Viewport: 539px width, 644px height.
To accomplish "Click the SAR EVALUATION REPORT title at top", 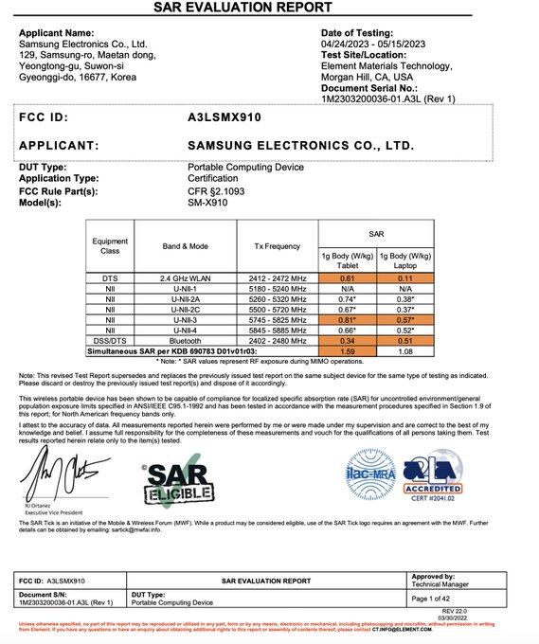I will [x=268, y=9].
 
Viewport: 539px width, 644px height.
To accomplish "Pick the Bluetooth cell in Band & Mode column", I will [x=185, y=339].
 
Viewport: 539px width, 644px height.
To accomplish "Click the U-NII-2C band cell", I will [x=185, y=309].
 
